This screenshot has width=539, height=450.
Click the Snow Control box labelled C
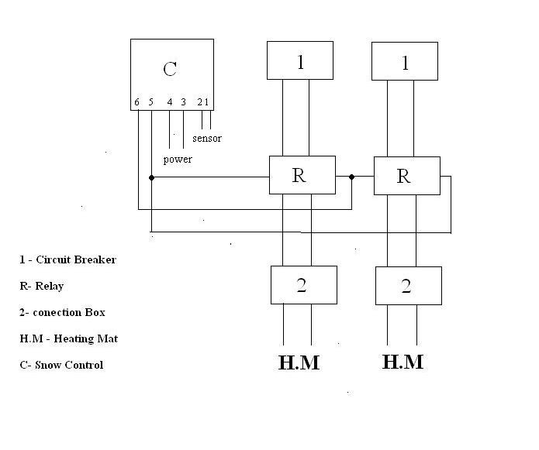[171, 74]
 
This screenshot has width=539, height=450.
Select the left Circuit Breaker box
[300, 60]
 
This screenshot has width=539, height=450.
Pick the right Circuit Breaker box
[404, 60]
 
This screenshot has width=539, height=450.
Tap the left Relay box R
[302, 175]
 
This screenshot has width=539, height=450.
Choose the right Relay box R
[406, 176]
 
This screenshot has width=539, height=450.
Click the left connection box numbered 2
[303, 285]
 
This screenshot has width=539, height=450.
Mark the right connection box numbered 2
[408, 286]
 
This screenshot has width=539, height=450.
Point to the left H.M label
[299, 362]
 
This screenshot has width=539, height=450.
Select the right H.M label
[403, 362]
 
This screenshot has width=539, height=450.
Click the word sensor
[206, 139]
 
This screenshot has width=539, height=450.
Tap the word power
[178, 160]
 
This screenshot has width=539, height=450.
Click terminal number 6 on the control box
[137, 102]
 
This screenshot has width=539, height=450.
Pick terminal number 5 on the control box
[151, 102]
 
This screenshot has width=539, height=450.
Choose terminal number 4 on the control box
[169, 102]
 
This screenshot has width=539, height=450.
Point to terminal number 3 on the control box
[183, 102]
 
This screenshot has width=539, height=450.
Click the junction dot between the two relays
[351, 177]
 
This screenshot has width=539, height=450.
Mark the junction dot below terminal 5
[151, 177]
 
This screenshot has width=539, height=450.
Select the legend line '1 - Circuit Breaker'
[68, 259]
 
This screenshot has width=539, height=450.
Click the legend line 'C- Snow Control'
[61, 365]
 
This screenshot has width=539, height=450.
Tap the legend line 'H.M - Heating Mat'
[69, 338]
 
